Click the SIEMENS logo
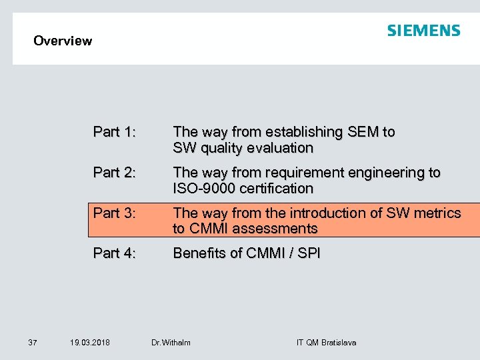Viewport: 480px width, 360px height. coord(423,31)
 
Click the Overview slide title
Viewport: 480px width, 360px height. coord(63,41)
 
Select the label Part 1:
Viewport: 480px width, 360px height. coord(115,132)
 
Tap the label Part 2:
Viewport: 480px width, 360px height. coord(115,173)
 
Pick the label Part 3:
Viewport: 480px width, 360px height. coord(115,213)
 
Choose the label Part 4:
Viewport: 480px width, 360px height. coord(115,253)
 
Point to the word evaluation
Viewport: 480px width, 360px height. coord(277,147)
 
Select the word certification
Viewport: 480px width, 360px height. coord(275,188)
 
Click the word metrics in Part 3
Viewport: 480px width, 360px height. coord(435,213)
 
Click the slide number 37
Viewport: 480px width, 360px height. coord(33,343)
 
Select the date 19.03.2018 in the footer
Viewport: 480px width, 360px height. coord(90,343)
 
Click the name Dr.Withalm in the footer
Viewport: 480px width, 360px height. coord(171,343)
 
